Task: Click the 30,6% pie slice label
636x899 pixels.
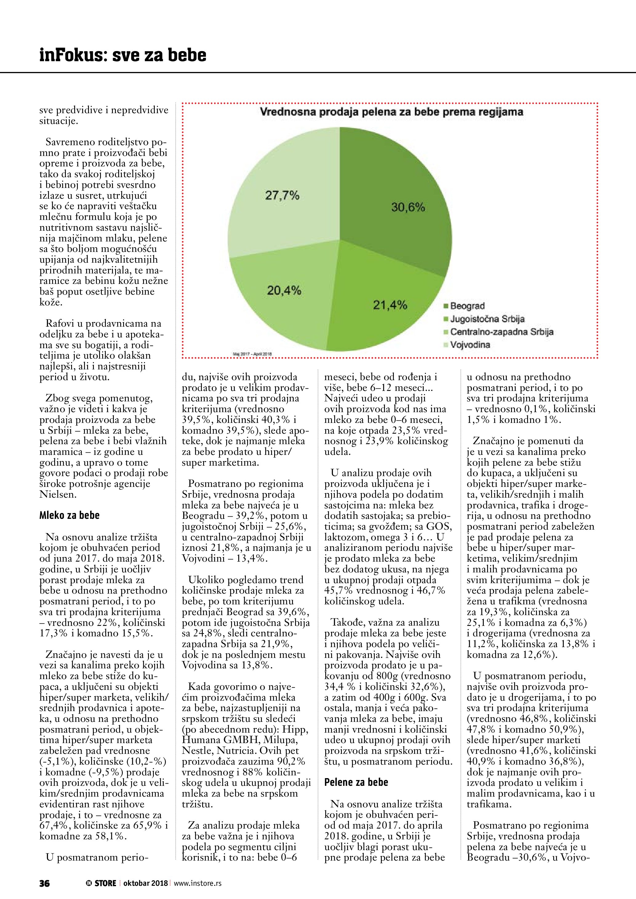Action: point(408,208)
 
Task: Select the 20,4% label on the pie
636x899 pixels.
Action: point(284,291)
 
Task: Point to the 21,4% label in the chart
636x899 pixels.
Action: point(390,305)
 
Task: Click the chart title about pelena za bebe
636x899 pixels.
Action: point(392,112)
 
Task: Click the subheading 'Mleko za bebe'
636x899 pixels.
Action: point(69,515)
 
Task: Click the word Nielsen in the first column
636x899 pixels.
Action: point(58,495)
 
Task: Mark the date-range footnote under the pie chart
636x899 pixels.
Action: point(252,354)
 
